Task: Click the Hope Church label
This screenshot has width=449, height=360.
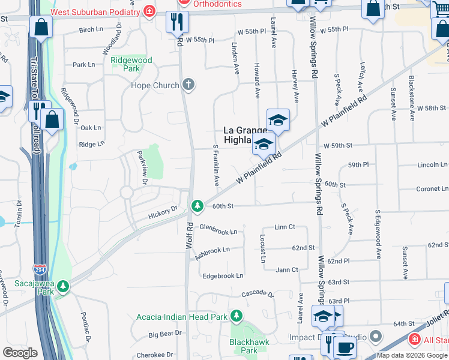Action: pos(155,85)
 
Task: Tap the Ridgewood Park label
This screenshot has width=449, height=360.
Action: pos(131,64)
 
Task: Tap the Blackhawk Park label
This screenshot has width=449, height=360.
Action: pos(243,346)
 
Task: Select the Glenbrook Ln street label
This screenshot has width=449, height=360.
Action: pos(218,229)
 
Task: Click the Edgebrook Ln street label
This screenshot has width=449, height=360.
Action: pos(223,275)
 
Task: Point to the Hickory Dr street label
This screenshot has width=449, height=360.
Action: pos(163,211)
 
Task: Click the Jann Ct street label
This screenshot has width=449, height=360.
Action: pos(287,270)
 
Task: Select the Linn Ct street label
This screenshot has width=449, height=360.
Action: pos(285,227)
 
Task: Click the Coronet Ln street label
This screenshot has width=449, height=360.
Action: pos(432,188)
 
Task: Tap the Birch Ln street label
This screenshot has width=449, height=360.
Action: pos(91,29)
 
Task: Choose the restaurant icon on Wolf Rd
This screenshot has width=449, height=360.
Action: pos(178,23)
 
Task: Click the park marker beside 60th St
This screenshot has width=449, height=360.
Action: pos(197,206)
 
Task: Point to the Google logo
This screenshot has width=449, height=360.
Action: pos(20,353)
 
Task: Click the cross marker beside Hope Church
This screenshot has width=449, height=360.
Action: pos(188,85)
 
